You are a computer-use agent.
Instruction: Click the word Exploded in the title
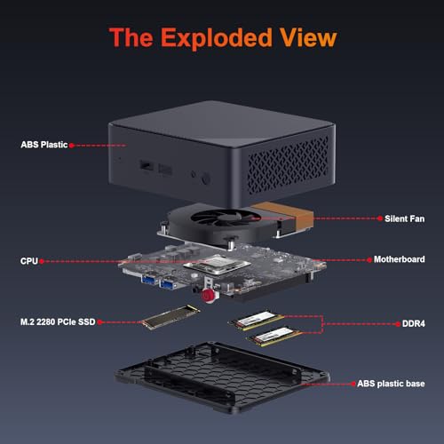point(216,38)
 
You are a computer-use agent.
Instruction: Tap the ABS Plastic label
point(44,145)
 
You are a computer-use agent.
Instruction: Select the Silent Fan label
point(404,218)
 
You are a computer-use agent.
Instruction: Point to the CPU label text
point(29,261)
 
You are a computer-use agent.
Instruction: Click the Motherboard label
point(399,259)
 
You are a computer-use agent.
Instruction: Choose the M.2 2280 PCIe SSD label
point(58,321)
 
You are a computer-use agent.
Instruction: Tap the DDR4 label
point(413,323)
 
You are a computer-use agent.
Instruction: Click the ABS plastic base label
point(391,384)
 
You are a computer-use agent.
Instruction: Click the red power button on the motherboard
point(209,296)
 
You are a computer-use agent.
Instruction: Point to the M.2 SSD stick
point(170,317)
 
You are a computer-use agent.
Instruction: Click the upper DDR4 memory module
point(256,321)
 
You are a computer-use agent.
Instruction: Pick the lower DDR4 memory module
point(274,337)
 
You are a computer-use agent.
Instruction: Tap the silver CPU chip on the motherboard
point(217,265)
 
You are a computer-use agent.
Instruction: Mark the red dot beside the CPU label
point(42,261)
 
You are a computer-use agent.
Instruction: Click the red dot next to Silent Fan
point(380,218)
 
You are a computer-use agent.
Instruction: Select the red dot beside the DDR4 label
point(398,324)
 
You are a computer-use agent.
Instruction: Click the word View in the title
point(308,37)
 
